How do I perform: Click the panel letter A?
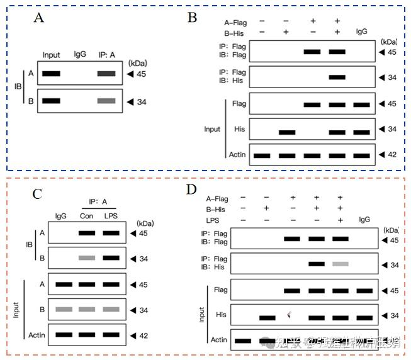[38, 18]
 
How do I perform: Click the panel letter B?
[193, 17]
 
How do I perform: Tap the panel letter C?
[37, 193]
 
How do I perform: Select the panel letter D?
[193, 189]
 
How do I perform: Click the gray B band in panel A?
[106, 101]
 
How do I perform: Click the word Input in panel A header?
[51, 55]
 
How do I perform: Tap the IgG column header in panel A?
[80, 55]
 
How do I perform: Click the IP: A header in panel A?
[106, 55]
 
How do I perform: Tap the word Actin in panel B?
[237, 154]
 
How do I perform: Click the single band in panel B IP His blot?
[337, 77]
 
